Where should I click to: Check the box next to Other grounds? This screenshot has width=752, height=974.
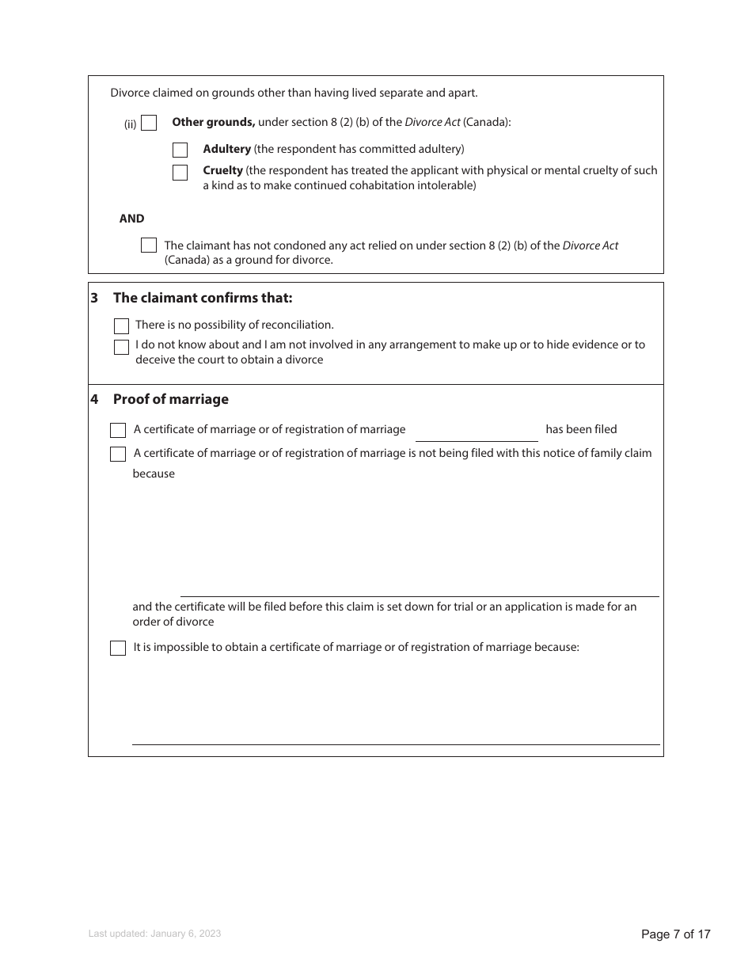click(x=149, y=123)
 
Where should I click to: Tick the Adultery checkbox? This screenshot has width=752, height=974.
click(x=180, y=150)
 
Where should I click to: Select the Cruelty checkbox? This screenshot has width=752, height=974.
click(x=180, y=172)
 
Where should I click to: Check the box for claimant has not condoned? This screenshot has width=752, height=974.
click(x=148, y=245)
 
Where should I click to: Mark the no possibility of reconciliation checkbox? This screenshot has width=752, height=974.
click(x=121, y=326)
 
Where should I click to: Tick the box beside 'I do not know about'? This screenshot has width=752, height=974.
click(x=121, y=347)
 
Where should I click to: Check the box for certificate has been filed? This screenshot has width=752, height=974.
click(x=118, y=431)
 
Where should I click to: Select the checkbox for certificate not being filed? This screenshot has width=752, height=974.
click(x=118, y=455)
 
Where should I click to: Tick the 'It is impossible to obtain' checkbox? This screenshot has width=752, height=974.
click(x=118, y=649)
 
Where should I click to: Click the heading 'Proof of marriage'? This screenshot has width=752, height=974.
click(x=170, y=399)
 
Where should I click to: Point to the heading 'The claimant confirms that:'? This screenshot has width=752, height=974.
click(x=203, y=298)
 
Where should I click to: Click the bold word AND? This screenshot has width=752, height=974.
click(x=131, y=219)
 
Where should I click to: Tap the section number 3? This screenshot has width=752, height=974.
click(x=94, y=298)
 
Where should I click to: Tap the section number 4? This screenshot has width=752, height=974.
click(x=94, y=399)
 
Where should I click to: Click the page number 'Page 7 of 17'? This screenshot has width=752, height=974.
click(x=675, y=934)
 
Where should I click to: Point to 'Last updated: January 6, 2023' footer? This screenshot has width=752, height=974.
click(x=154, y=934)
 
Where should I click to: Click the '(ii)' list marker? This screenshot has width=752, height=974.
click(x=130, y=124)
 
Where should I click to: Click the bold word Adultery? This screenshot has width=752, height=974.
click(x=226, y=149)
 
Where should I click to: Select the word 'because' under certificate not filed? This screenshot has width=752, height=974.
click(x=154, y=474)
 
